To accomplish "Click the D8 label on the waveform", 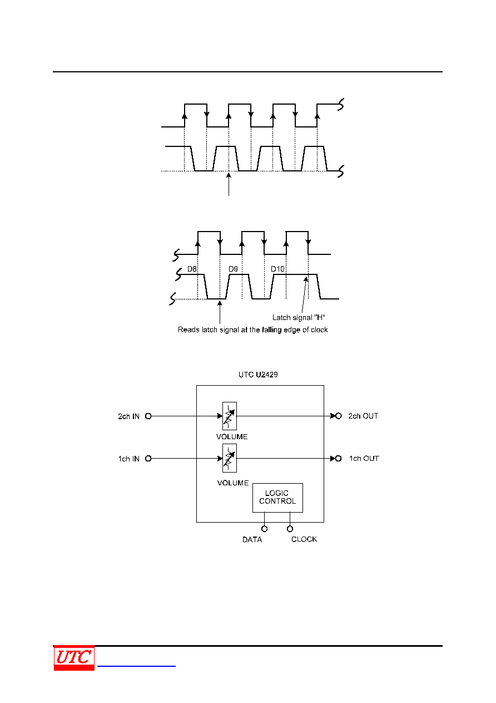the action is [x=192, y=269].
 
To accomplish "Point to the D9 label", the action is [x=233, y=269].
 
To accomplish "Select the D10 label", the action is [x=277, y=269].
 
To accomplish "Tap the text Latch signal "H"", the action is [x=299, y=318].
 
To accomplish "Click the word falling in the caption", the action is [x=271, y=330].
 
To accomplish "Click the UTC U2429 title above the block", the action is [x=258, y=375].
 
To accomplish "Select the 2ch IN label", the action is [x=128, y=416].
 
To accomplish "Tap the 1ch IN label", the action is [x=128, y=459].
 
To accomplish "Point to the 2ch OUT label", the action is [x=363, y=416].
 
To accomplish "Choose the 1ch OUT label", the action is [x=364, y=459].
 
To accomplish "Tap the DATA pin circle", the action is [x=264, y=529].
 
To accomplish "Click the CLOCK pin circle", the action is [x=290, y=529].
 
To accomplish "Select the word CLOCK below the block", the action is [x=304, y=539].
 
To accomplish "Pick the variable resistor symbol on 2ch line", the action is [x=230, y=416].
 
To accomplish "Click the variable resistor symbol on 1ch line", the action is [x=230, y=458].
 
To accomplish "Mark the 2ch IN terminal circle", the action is [x=148, y=416].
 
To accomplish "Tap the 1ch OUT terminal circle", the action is [x=338, y=459].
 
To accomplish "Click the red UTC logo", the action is [x=74, y=658].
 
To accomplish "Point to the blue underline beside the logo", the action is [x=136, y=666].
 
